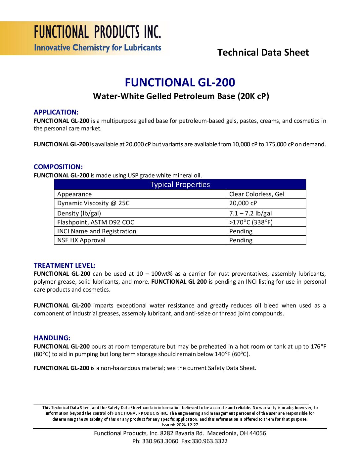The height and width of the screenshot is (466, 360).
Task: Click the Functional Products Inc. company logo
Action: [x=97, y=38]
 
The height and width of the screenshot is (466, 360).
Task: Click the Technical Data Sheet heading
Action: [x=263, y=52]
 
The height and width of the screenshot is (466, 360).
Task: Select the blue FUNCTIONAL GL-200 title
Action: [x=180, y=82]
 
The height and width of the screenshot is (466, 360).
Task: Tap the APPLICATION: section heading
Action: [x=56, y=112]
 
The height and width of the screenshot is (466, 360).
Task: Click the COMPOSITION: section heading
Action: [x=58, y=167]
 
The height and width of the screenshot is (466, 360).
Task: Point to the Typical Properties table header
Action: [x=180, y=185]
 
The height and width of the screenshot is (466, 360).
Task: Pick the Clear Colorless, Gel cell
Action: [x=257, y=194]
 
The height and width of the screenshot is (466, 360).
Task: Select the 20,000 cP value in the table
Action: [x=243, y=203]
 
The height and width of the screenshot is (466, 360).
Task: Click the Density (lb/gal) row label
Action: [x=79, y=213]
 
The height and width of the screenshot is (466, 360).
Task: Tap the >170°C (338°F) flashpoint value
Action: [x=251, y=222]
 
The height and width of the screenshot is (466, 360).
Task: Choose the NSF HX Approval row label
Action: [x=81, y=240]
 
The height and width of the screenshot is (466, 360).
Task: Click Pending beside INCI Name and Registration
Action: [x=241, y=231]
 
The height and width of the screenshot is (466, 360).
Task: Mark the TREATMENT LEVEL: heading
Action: [x=65, y=265]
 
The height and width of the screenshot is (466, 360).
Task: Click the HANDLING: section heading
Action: [x=52, y=338]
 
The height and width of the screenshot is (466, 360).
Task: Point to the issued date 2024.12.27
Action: [x=187, y=425]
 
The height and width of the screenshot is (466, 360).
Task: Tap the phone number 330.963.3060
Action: [x=160, y=441]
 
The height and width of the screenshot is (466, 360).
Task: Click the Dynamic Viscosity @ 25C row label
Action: [x=93, y=203]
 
